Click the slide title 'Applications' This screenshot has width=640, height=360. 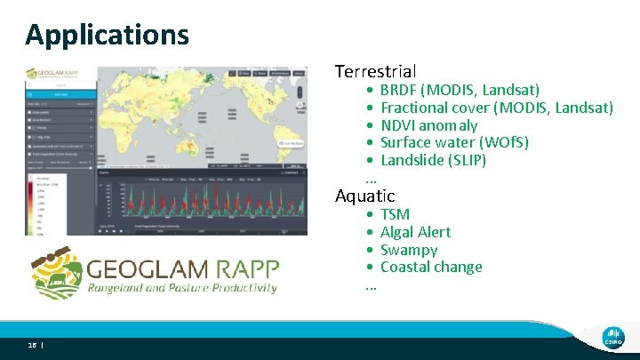click(x=107, y=35)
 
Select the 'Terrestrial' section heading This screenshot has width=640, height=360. click(x=375, y=70)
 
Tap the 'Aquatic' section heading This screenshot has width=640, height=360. click(x=364, y=195)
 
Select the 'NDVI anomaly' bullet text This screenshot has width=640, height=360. click(x=428, y=125)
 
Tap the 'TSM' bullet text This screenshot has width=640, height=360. click(x=395, y=214)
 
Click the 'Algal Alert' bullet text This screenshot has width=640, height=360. click(x=415, y=232)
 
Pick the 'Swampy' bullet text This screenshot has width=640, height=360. click(x=409, y=250)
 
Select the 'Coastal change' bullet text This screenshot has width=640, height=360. click(x=431, y=267)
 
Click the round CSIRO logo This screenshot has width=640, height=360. click(x=612, y=335)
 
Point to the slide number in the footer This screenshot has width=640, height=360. click(x=32, y=345)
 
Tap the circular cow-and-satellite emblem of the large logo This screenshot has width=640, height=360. click(x=54, y=270)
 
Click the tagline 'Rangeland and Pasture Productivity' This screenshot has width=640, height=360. click(x=181, y=288)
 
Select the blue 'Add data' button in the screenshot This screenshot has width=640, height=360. click(x=60, y=92)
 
